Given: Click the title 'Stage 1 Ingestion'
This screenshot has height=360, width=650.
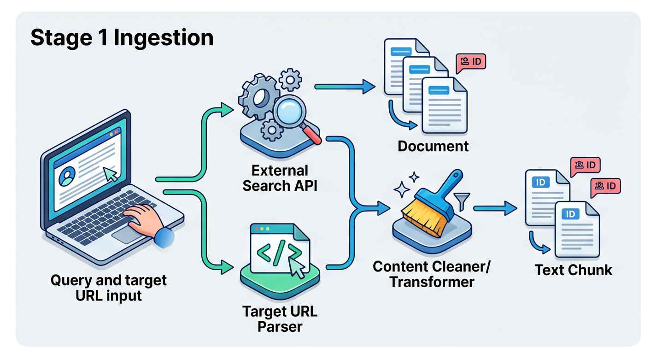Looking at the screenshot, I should [x=122, y=38].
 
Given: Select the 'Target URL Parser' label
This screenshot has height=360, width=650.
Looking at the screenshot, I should [x=280, y=319].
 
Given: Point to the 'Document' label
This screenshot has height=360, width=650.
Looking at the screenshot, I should [x=433, y=146].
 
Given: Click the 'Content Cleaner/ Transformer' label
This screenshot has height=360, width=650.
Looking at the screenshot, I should [x=432, y=274].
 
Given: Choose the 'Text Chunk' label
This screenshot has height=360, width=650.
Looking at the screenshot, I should [x=573, y=270].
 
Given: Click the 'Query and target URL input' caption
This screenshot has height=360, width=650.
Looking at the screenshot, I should [x=109, y=287].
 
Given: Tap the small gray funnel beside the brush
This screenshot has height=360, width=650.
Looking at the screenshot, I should [x=462, y=201].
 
